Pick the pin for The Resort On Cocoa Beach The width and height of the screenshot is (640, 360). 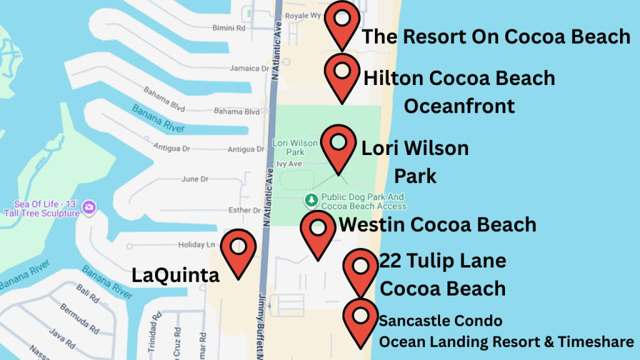point(342,20)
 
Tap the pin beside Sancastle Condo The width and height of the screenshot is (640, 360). point(361,317)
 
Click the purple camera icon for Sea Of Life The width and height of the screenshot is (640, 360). point(89,207)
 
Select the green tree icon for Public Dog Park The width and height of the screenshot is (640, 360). point(311,201)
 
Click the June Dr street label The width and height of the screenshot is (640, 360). point(194,179)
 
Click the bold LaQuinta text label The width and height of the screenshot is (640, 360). point(176,275)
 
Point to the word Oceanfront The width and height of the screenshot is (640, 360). point(459,106)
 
